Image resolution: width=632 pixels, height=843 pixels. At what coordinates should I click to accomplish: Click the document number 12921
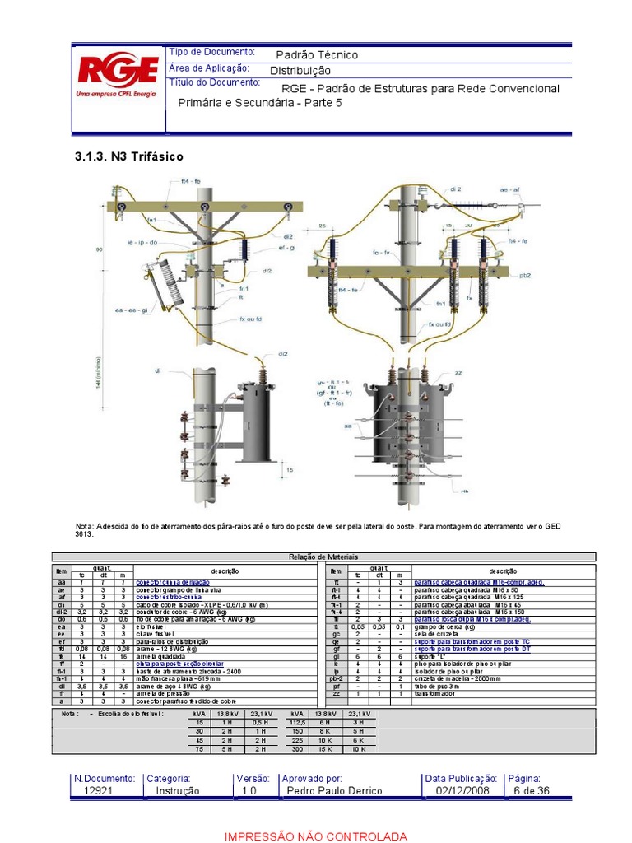coord(99,791)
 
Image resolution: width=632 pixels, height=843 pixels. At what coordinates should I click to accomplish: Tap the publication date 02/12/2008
coord(457,791)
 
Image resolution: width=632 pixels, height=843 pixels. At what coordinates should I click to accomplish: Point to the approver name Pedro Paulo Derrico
coord(334,791)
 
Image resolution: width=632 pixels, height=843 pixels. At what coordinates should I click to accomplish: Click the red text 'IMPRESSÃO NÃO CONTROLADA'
coord(316,836)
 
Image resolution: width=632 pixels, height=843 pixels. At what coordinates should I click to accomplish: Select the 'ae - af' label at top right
coord(510,189)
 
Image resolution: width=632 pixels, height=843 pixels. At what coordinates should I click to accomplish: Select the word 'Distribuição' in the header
coord(300,72)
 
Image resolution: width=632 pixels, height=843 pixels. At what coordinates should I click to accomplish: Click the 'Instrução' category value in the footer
coord(177,791)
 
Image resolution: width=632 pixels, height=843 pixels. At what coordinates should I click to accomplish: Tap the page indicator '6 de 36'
coord(530,791)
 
